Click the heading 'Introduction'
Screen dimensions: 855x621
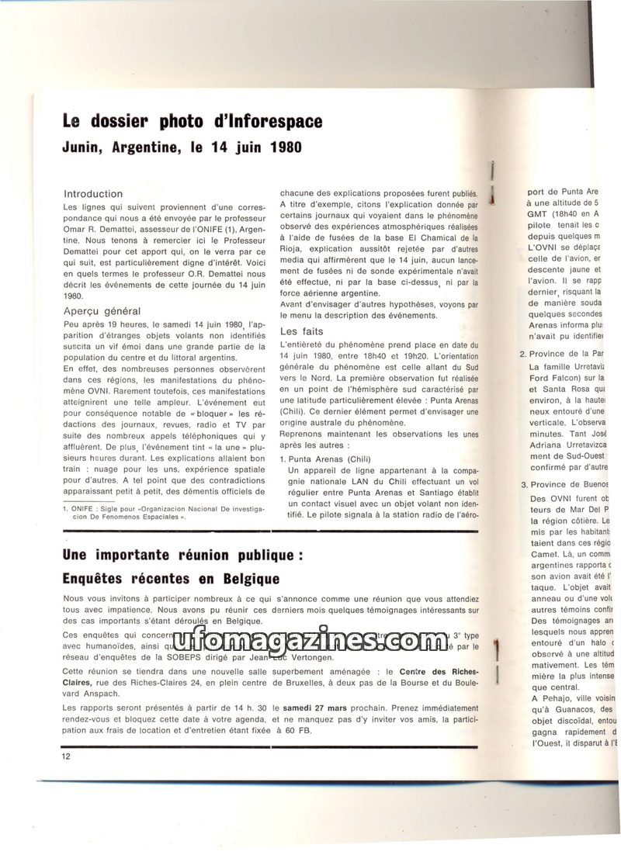point(93,193)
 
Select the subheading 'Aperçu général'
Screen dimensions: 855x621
point(102,310)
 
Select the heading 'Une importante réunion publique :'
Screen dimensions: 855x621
point(182,556)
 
